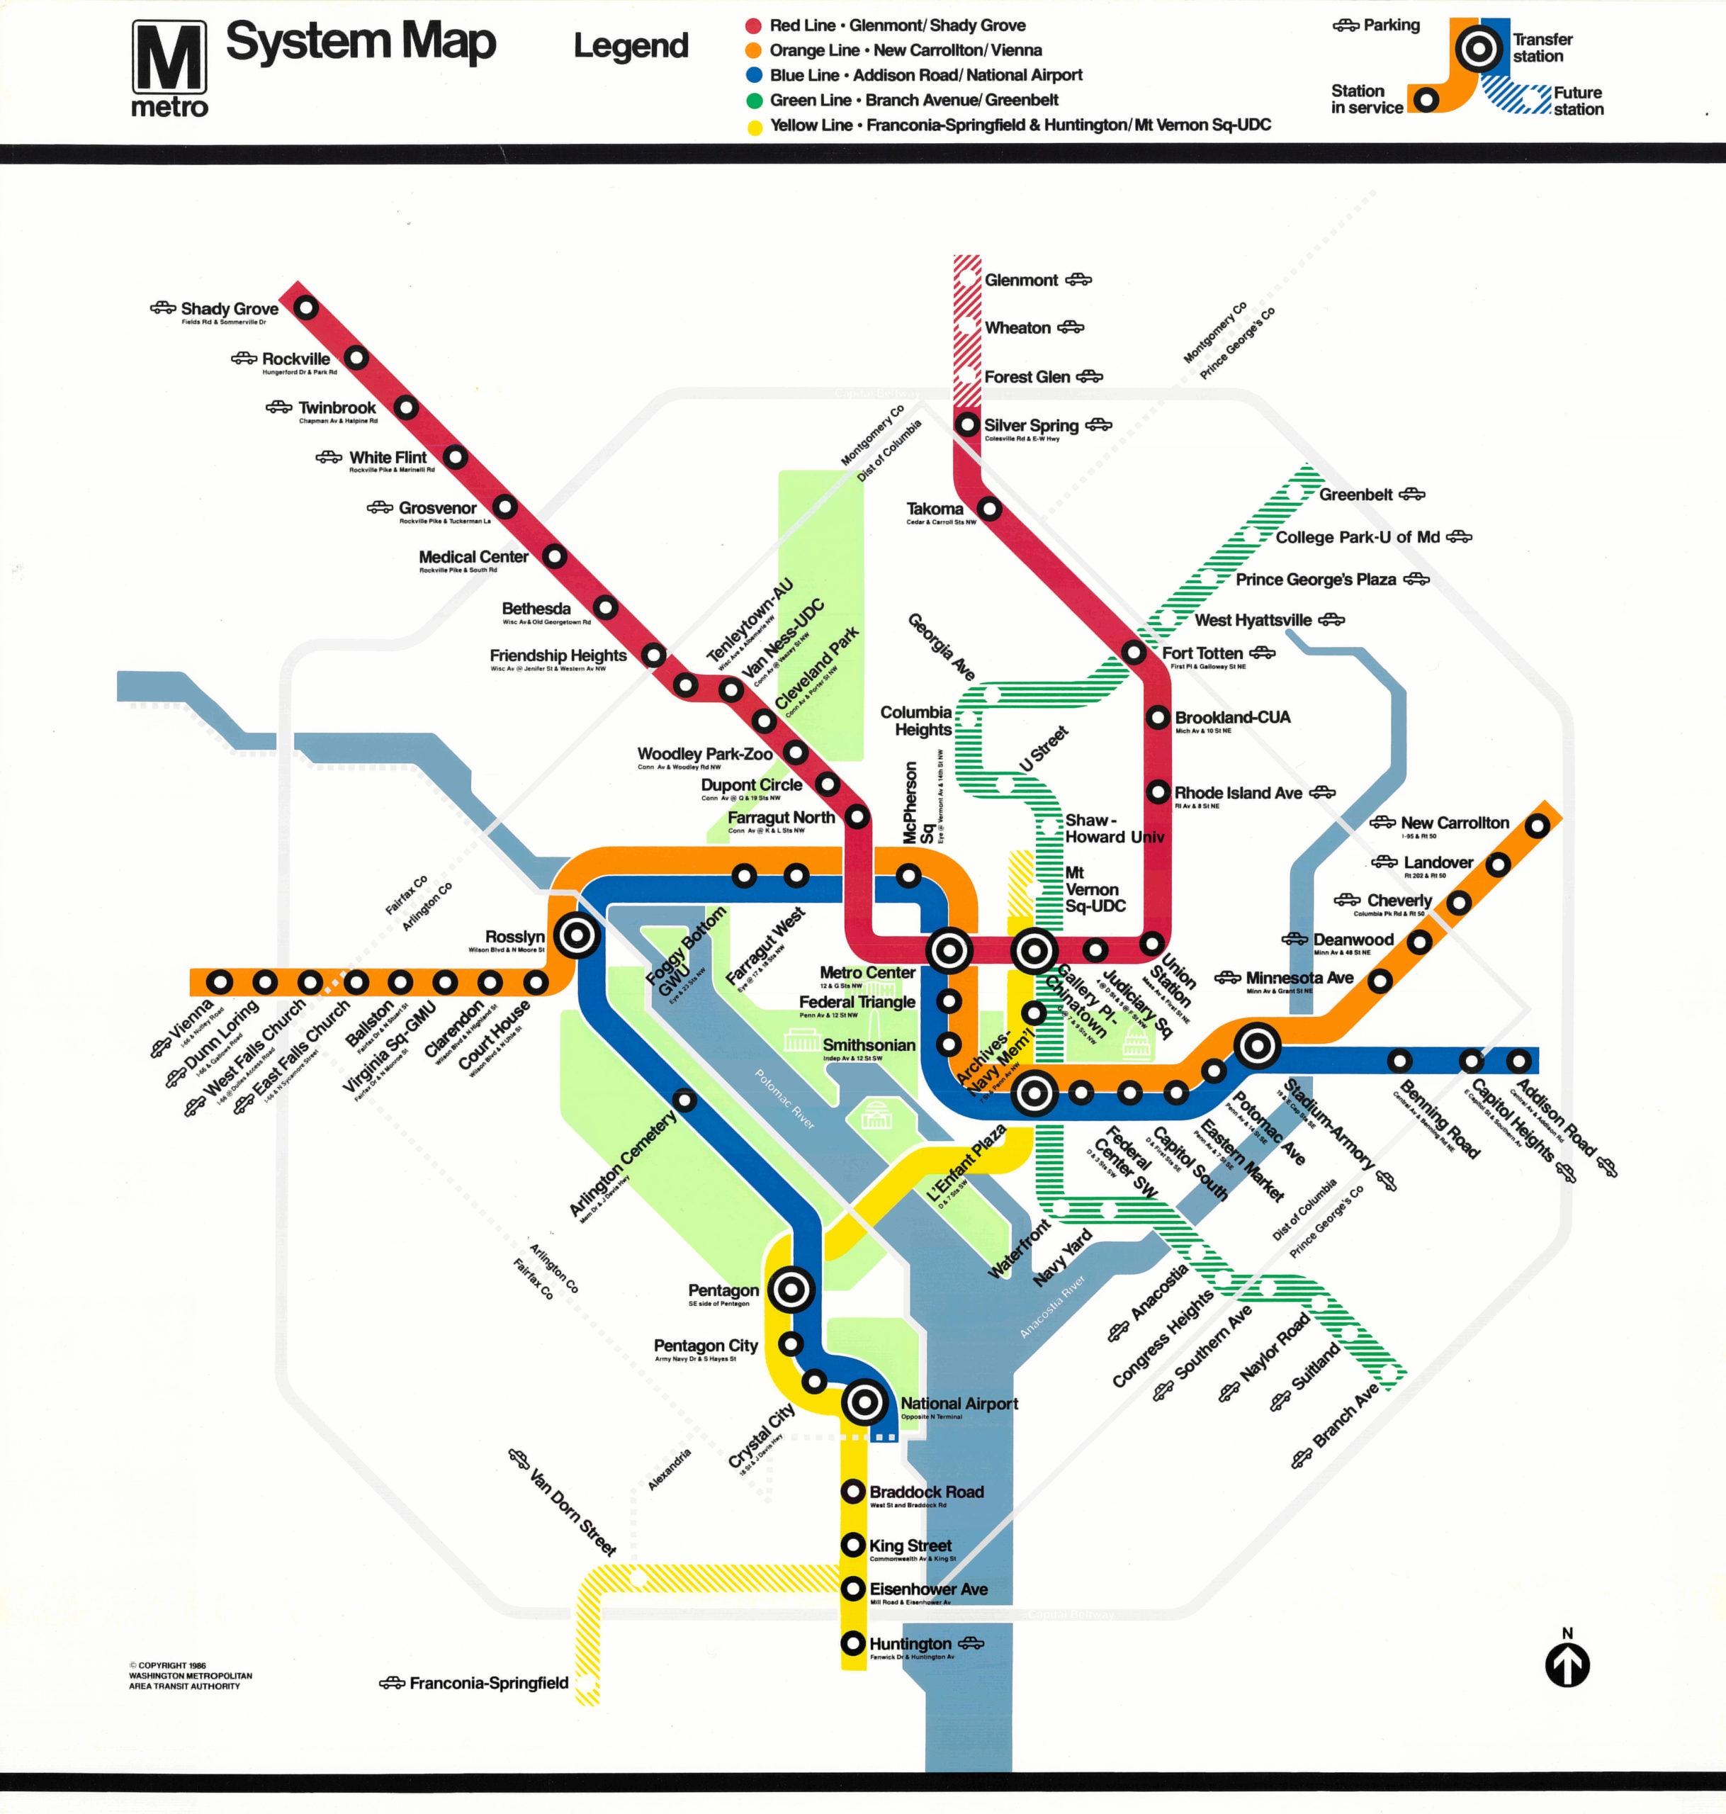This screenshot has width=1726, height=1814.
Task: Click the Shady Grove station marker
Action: (x=305, y=308)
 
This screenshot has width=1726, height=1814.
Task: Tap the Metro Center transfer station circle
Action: (x=949, y=950)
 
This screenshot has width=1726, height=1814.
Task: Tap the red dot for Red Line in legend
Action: (x=753, y=26)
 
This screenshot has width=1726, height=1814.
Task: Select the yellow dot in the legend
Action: (x=753, y=126)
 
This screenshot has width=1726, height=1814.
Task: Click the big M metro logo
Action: (x=169, y=59)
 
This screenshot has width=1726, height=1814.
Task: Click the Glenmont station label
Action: (x=1020, y=280)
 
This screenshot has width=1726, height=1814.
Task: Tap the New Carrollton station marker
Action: (x=1537, y=826)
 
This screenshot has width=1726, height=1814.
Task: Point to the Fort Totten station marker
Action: (x=1134, y=652)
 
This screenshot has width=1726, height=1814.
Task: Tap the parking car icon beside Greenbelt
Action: (x=1411, y=495)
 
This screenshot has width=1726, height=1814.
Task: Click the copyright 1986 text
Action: (x=167, y=1665)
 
